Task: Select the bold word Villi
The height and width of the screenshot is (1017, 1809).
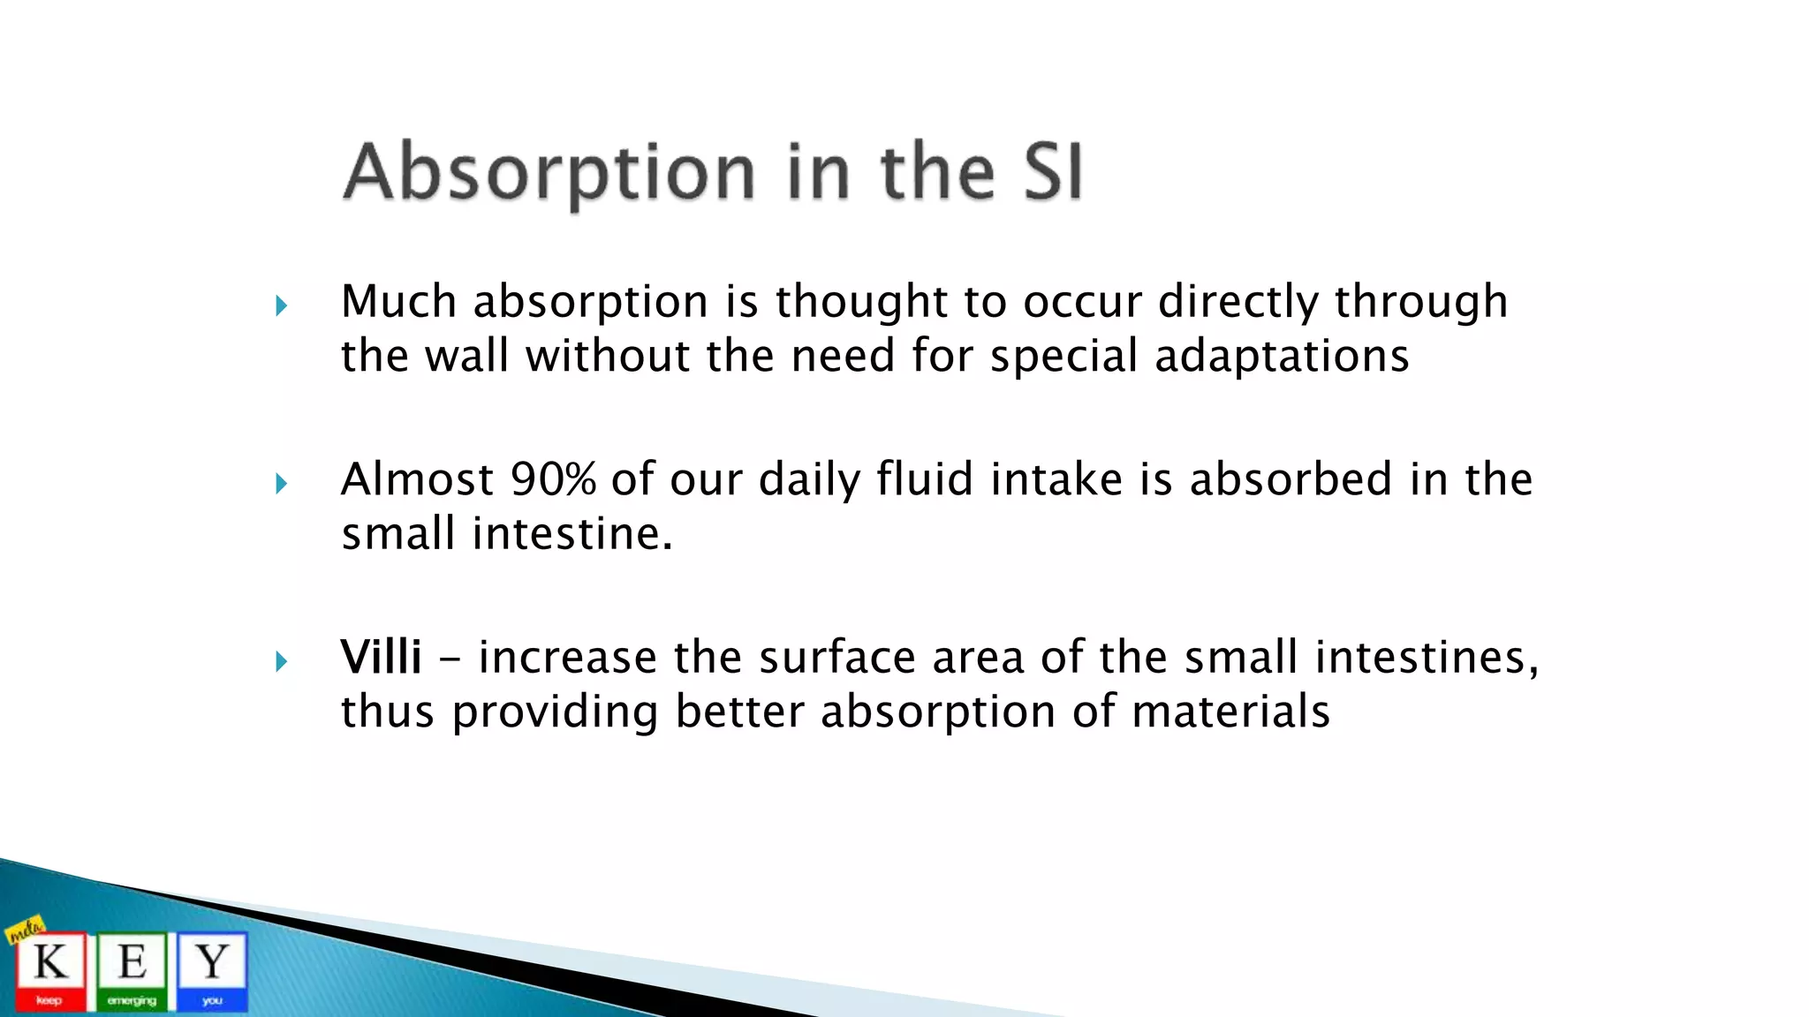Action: (381, 657)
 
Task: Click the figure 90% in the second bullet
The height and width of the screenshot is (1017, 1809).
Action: (553, 479)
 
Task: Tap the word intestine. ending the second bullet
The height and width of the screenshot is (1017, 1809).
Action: (571, 534)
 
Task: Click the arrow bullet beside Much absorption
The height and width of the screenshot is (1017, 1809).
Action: (281, 306)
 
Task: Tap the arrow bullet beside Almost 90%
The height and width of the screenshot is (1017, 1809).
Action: (281, 484)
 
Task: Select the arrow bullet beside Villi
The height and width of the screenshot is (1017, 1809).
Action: (281, 661)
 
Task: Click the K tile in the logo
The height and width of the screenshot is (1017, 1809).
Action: (50, 969)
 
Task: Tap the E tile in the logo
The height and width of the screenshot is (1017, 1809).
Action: (132, 969)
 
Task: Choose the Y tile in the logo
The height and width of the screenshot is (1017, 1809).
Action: (212, 969)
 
